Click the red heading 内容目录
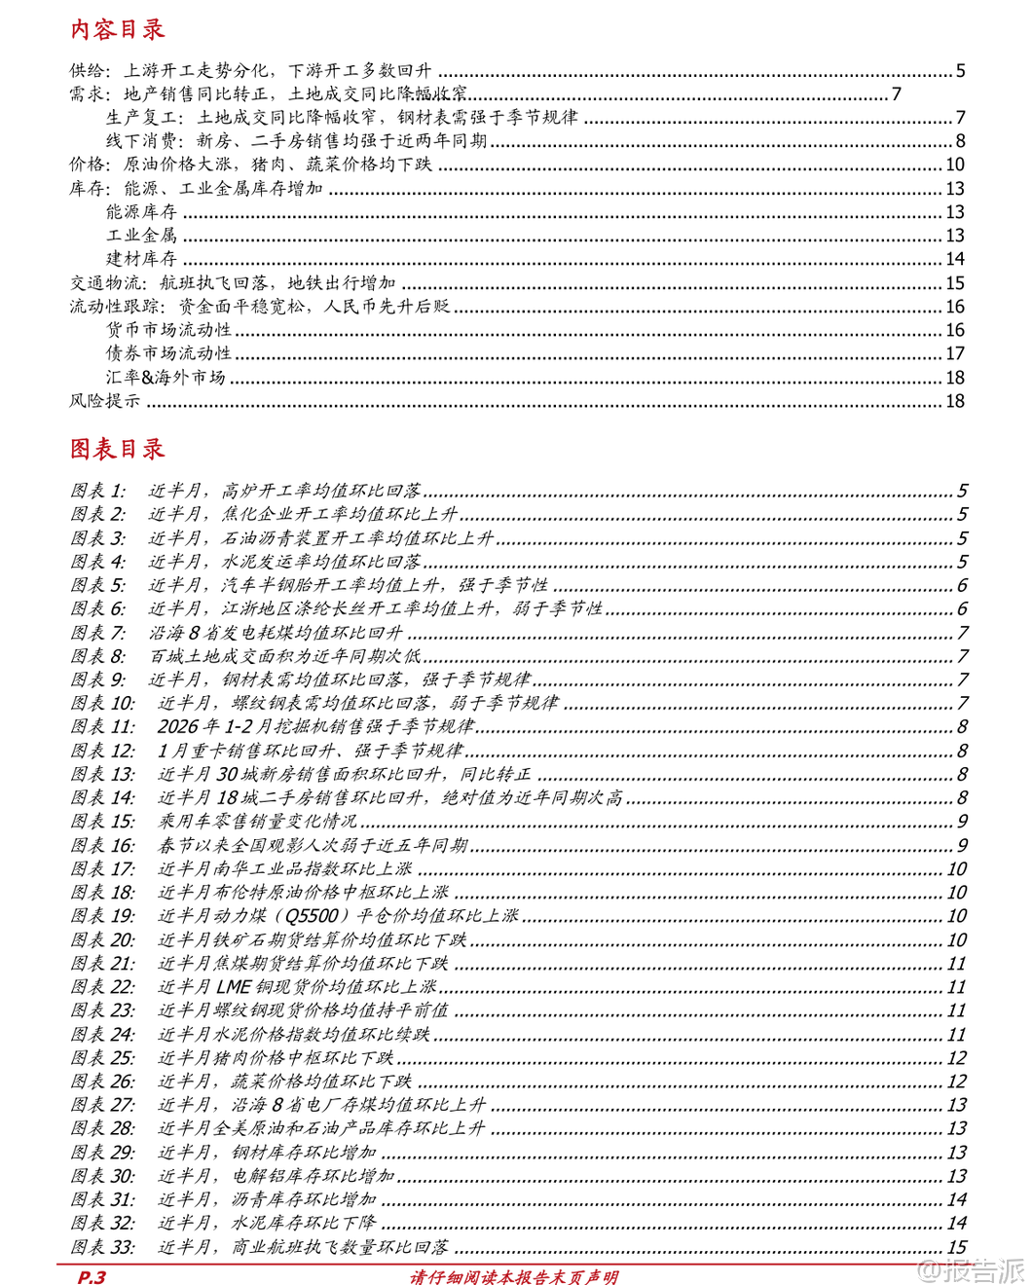tap(117, 29)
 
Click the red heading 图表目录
tap(117, 449)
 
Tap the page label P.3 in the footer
tap(92, 1276)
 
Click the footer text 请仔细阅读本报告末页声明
tap(513, 1276)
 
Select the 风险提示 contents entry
tap(104, 401)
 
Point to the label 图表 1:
tap(98, 491)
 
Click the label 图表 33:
tap(102, 1247)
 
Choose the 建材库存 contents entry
tap(141, 259)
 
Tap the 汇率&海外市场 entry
tap(166, 378)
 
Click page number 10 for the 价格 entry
tap(954, 165)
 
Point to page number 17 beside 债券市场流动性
tap(954, 353)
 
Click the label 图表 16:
tap(102, 845)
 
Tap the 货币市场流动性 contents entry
tap(168, 330)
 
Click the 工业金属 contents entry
tap(141, 236)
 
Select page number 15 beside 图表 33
tap(956, 1247)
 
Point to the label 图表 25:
tap(102, 1058)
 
